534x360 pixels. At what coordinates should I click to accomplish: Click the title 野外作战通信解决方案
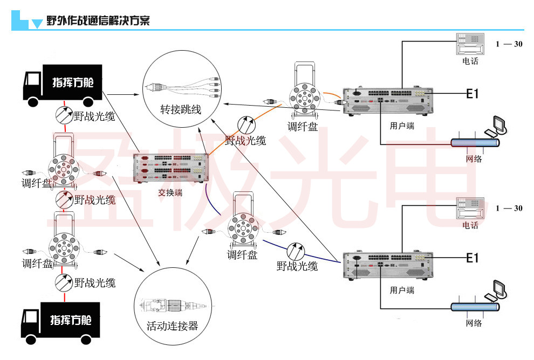click(98, 21)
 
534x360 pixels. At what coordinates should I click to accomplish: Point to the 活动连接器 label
click(172, 326)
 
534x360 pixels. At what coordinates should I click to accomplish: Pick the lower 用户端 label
click(402, 290)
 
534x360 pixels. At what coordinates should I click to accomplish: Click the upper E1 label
click(473, 94)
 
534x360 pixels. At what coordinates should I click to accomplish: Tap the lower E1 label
click(473, 258)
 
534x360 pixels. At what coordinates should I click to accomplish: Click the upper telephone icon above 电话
click(470, 44)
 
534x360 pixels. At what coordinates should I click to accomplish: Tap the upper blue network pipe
click(475, 143)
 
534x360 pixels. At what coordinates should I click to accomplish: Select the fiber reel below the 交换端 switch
click(242, 229)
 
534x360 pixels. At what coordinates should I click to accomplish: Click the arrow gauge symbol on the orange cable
click(246, 126)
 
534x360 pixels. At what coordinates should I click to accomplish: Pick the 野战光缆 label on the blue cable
click(297, 266)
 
